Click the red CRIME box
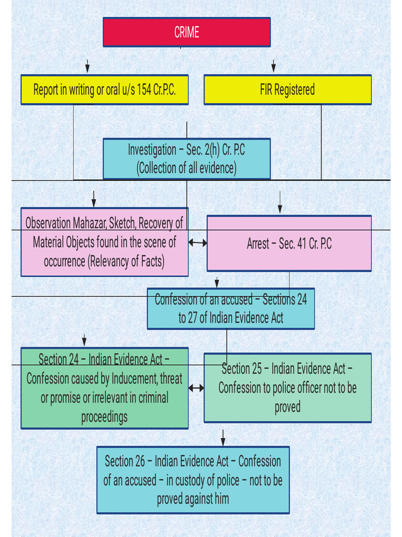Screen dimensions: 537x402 coord(186,32)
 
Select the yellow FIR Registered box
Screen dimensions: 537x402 coord(287,90)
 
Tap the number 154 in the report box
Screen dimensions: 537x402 coord(144,90)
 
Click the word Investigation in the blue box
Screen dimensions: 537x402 coord(152,150)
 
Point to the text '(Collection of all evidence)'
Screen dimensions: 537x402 coord(186,168)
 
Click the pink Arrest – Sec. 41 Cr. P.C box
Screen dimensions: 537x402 coord(289,244)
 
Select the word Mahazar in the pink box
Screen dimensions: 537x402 coord(89,223)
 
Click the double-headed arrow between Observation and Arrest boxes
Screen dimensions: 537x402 coord(197,243)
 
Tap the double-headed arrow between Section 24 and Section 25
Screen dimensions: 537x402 coord(196,388)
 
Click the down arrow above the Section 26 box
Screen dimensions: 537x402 coord(223,437)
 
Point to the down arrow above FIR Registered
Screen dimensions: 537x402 coord(273,66)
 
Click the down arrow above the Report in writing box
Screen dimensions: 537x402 coord(87,66)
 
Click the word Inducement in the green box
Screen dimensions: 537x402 coord(131,379)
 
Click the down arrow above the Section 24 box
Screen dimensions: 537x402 coord(84,340)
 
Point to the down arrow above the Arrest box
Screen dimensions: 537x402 coord(280,202)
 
